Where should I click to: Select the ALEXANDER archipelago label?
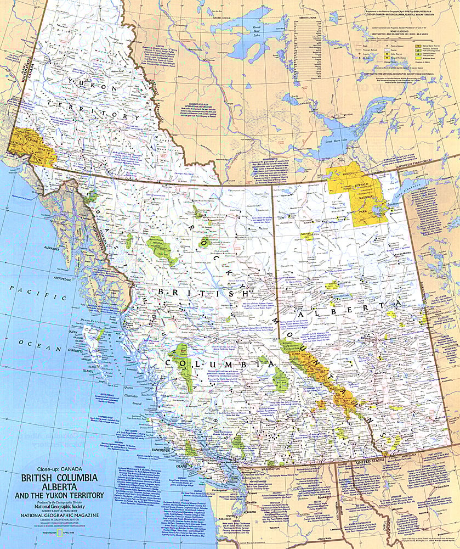(51, 249)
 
